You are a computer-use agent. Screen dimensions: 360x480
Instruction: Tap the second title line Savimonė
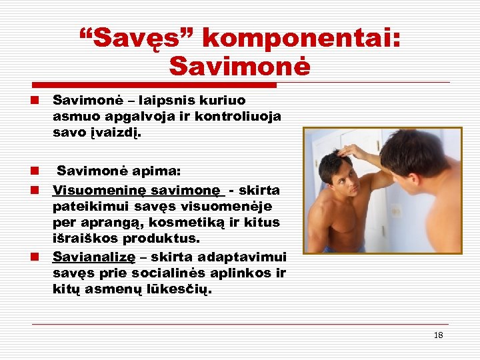coord(239,66)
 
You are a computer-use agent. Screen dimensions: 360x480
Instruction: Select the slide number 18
coord(438,335)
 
